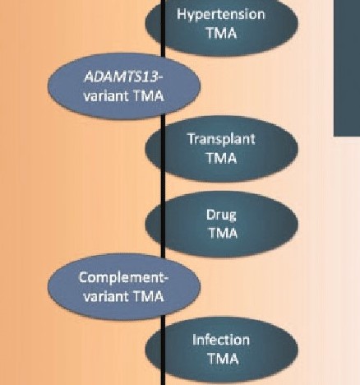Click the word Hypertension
[221, 15]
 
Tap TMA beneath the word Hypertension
[221, 33]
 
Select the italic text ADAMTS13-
[123, 77]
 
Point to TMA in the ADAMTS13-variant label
[148, 96]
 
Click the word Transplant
[221, 139]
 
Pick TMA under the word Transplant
[221, 158]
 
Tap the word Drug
[221, 216]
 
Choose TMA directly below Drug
[223, 233]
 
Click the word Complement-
[123, 278]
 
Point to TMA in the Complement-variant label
[148, 296]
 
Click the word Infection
[221, 340]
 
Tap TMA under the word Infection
[223, 359]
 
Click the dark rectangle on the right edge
[347, 67]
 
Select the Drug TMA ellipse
[221, 225]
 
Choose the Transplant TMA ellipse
[221, 149]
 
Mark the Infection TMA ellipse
[221, 350]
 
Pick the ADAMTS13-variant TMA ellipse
[124, 86]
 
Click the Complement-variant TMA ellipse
[124, 287]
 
